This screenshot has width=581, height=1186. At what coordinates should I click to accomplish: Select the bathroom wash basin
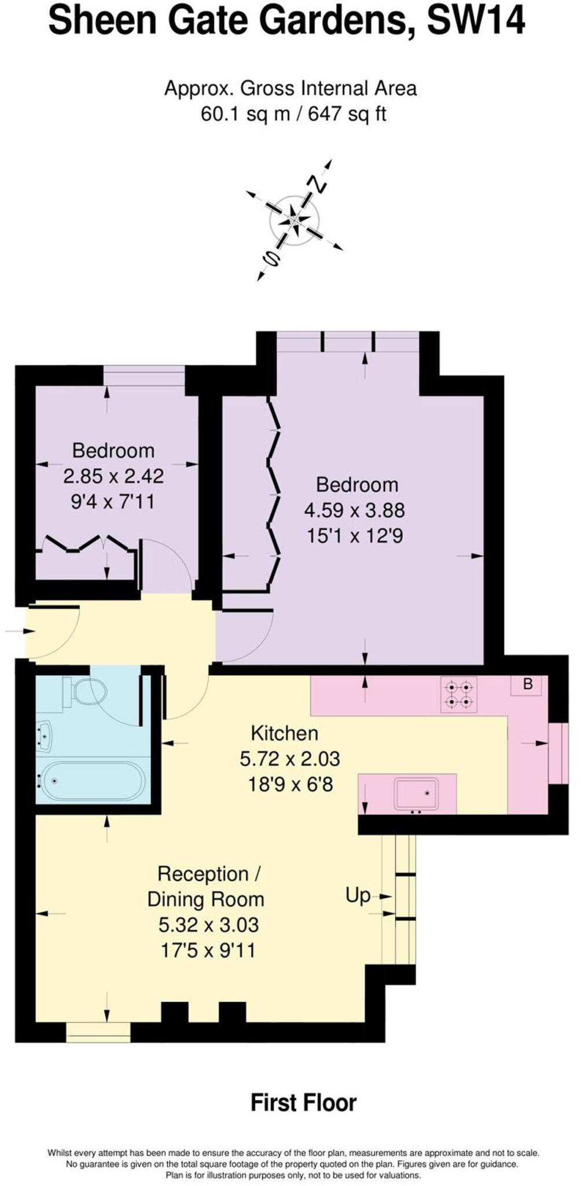44,736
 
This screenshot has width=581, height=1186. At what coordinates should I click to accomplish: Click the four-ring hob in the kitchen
459,694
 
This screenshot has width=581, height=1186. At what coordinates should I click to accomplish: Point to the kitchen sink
416,793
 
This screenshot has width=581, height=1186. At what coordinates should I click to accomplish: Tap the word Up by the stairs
358,895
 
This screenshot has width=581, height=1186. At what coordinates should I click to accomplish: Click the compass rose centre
295,220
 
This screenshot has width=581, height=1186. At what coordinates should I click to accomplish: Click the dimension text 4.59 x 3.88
354,510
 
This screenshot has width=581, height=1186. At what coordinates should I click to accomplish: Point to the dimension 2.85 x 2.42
113,476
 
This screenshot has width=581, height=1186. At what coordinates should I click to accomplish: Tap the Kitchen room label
284,733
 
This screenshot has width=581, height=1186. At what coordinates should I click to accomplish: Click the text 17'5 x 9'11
208,950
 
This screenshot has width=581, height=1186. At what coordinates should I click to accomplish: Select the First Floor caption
303,1103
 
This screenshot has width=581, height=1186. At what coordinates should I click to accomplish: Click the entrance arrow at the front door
14,631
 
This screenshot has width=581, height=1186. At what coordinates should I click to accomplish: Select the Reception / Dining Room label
205,886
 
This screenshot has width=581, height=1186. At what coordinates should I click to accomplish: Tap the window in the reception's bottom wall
98,1031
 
